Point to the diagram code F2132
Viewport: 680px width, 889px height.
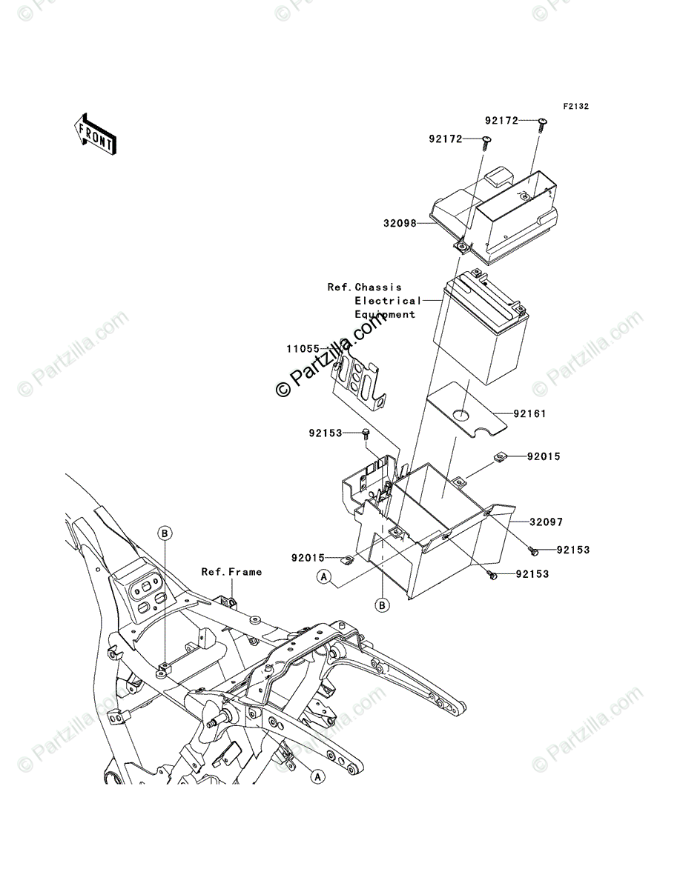[575, 107]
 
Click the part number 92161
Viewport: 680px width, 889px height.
[528, 414]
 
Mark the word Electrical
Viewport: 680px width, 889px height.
[386, 301]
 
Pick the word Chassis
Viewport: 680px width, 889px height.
[377, 287]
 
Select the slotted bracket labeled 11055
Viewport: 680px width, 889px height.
[360, 382]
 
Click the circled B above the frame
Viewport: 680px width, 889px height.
[165, 533]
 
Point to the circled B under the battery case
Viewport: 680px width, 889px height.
[383, 606]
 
